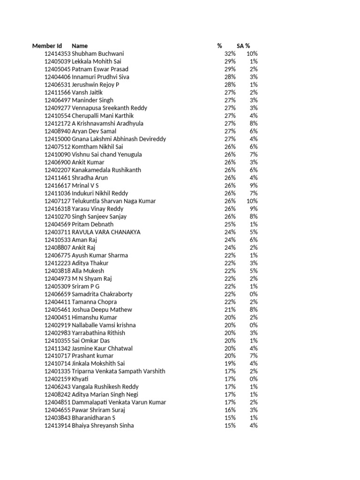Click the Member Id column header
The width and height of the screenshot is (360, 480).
(x=47, y=46)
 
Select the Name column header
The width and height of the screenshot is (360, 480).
(x=80, y=46)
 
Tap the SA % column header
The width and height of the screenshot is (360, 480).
(x=243, y=46)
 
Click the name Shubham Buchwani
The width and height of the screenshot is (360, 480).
(x=98, y=54)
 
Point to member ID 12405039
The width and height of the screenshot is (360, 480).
(x=57, y=61)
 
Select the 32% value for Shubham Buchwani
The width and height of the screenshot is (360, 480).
(x=230, y=54)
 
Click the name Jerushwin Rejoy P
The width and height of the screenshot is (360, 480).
(x=96, y=85)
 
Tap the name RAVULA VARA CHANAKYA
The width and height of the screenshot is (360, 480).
(x=106, y=232)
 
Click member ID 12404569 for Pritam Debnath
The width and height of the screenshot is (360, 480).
(x=57, y=225)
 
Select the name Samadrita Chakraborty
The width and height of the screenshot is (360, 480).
(x=102, y=294)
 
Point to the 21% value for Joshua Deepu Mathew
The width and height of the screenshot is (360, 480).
(x=230, y=310)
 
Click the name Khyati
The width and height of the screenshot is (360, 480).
(x=80, y=379)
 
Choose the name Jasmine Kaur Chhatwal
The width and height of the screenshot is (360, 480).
(x=102, y=348)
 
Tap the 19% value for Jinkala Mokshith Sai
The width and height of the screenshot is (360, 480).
(x=230, y=363)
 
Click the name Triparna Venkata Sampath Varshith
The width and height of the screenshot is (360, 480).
(x=119, y=371)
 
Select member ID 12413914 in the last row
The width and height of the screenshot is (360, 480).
(x=57, y=426)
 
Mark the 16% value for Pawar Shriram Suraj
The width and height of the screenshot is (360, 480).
(x=230, y=410)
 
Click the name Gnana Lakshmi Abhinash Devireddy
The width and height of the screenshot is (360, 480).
(x=119, y=139)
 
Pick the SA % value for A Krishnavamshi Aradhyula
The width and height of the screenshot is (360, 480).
(x=254, y=124)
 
